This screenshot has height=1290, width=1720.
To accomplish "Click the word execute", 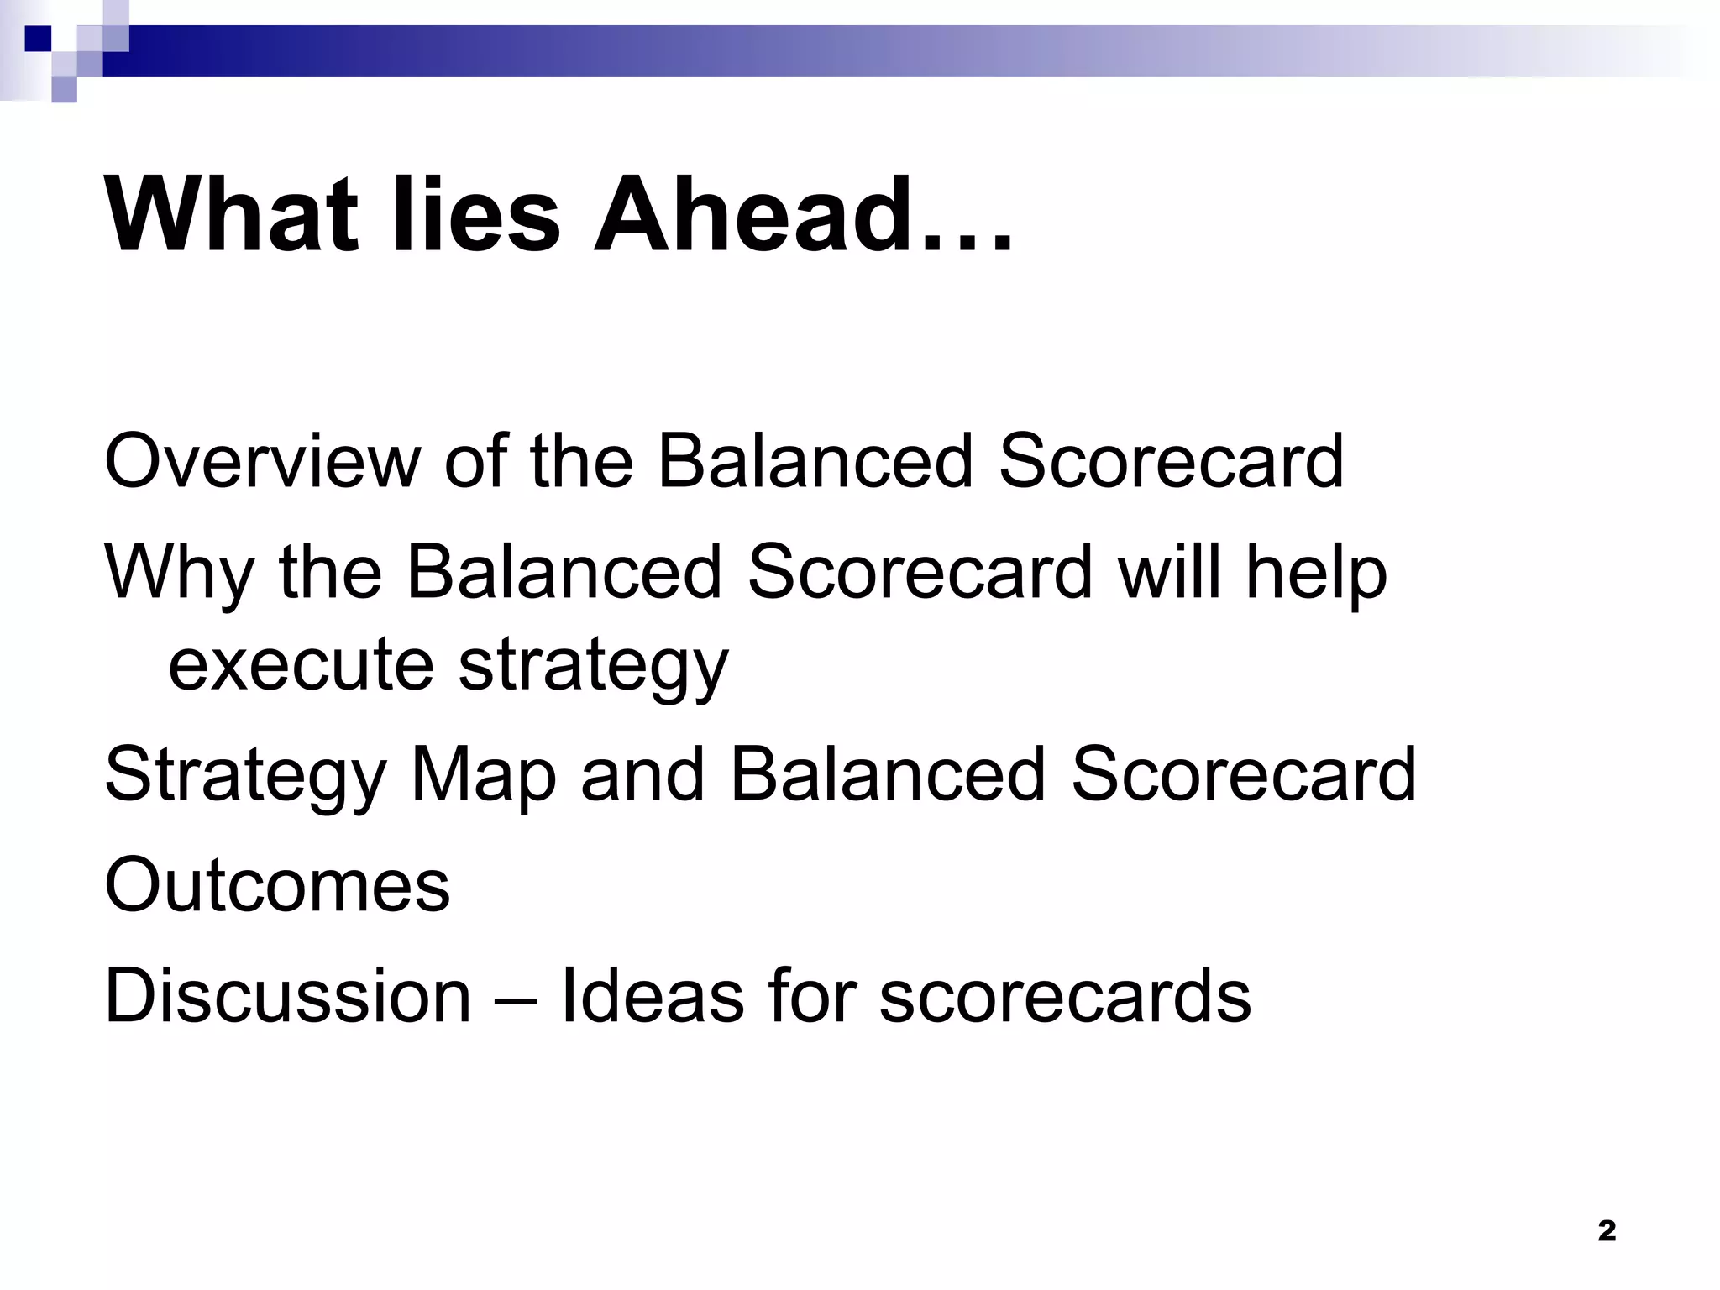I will point(301,664).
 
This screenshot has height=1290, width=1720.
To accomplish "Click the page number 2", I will point(1606,1231).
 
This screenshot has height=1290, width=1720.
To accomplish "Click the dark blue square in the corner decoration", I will point(38,39).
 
